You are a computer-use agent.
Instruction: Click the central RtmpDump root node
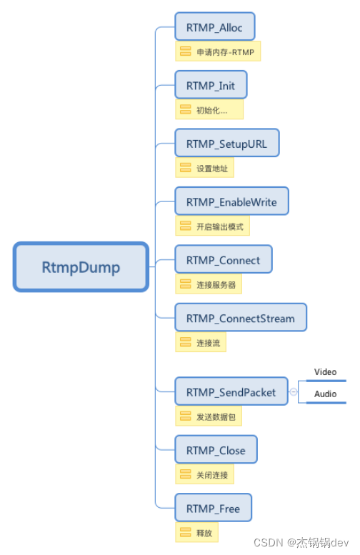coord(81,267)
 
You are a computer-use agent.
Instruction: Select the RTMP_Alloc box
coord(215,26)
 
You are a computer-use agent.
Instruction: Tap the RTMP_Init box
coord(211,85)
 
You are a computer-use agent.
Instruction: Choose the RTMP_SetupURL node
coord(226,144)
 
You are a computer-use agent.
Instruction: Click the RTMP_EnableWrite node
coord(231,202)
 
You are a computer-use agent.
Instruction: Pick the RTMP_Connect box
coord(224,260)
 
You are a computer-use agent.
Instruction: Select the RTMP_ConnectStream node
coord(241,318)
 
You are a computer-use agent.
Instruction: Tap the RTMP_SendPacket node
coord(231,391)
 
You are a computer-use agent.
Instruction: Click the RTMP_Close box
coord(216,450)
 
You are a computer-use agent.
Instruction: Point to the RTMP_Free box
coord(213,509)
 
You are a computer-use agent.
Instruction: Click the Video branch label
coord(325,372)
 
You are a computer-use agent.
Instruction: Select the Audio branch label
coord(325,394)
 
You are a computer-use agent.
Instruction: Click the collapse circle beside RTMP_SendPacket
coord(293,391)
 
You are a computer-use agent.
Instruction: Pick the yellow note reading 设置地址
coord(205,169)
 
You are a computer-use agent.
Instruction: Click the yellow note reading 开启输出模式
coord(213,226)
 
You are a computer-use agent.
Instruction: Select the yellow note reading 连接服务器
coord(209,284)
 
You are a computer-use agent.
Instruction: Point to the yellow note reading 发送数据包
coord(209,416)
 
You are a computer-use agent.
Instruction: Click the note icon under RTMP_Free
coord(185,533)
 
